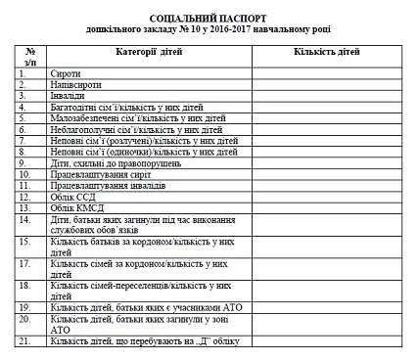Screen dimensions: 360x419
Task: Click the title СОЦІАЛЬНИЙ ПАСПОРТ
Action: coord(209,20)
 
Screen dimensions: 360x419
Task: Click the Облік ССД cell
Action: coord(73,196)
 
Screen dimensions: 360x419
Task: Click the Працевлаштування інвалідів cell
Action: coord(109,185)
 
